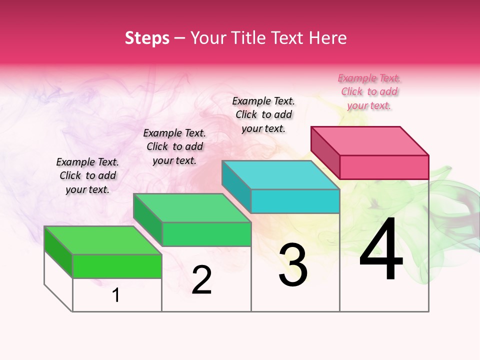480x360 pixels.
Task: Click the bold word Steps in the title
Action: pyautogui.click(x=147, y=38)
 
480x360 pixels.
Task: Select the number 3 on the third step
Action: pyautogui.click(x=293, y=265)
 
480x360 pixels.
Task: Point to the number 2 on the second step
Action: pyautogui.click(x=202, y=280)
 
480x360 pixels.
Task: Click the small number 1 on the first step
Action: pyautogui.click(x=116, y=295)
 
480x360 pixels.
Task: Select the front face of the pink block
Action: pyautogui.click(x=384, y=167)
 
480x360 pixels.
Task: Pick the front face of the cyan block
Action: pyautogui.click(x=295, y=201)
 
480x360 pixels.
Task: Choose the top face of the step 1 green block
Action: pyautogui.click(x=103, y=240)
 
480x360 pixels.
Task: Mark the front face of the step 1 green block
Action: pyautogui.click(x=117, y=266)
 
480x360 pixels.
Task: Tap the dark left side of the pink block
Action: pyautogui.click(x=325, y=152)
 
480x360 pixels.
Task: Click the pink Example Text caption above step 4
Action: pyautogui.click(x=369, y=91)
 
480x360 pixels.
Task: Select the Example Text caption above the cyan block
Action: pyautogui.click(x=263, y=114)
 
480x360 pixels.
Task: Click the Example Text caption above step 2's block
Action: pyautogui.click(x=174, y=146)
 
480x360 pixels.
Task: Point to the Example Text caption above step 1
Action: pyautogui.click(x=87, y=175)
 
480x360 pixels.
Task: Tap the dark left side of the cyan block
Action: pyautogui.click(x=236, y=186)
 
